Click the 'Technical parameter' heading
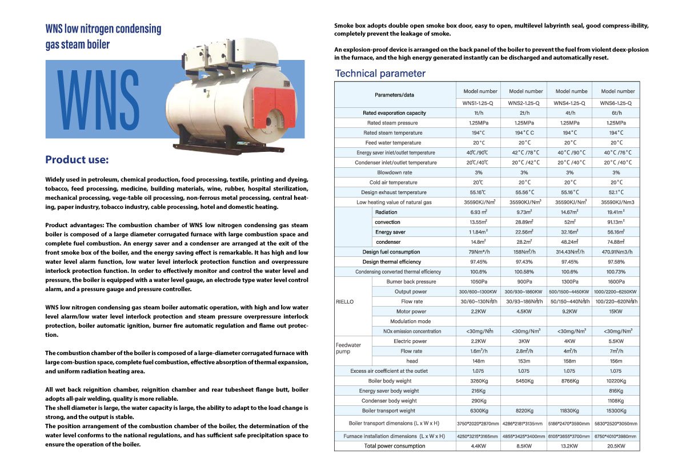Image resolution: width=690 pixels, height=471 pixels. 380,73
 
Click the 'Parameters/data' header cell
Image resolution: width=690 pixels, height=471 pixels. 394,94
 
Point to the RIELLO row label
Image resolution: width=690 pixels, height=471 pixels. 346,301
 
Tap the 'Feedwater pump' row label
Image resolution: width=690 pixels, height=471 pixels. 348,348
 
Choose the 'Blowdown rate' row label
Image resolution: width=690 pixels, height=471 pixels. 394,172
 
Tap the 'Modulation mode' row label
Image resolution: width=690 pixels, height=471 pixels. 410,321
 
